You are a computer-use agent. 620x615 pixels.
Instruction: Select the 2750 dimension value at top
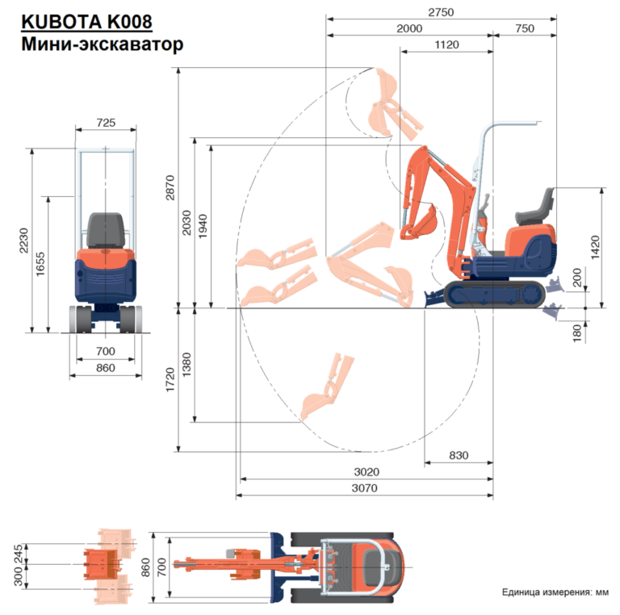coord(442,11)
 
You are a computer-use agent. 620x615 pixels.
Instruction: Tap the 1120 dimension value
coord(446,45)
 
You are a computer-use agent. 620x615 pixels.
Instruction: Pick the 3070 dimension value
coord(364,488)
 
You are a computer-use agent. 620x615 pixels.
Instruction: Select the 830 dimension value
coord(458,455)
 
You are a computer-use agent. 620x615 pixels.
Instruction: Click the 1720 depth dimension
coord(170,379)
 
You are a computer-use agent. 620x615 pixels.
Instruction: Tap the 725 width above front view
coord(106,123)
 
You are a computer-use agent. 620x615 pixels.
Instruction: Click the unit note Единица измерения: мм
coord(555,593)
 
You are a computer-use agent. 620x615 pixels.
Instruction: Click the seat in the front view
coord(106,231)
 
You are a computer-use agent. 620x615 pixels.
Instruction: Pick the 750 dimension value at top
coord(524,28)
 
